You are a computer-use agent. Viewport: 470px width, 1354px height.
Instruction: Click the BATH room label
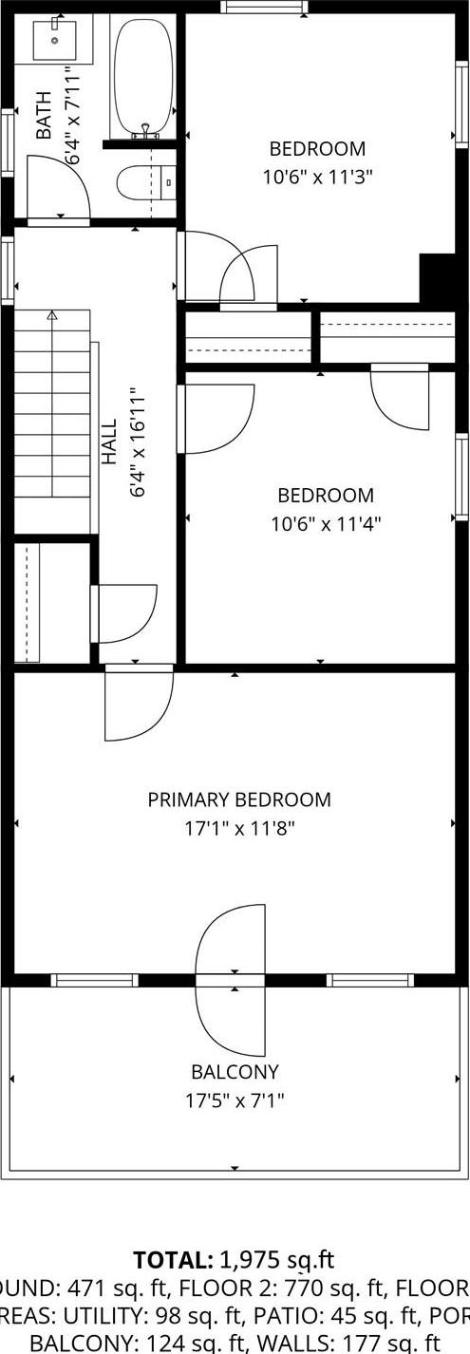pyautogui.click(x=44, y=116)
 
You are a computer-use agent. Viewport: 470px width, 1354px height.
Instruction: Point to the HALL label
pyautogui.click(x=109, y=442)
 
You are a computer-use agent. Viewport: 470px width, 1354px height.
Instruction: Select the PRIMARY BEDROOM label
pyautogui.click(x=239, y=799)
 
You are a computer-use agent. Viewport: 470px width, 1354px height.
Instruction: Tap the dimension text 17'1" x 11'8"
pyautogui.click(x=239, y=828)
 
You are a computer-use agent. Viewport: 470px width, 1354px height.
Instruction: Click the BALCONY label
pyautogui.click(x=235, y=1072)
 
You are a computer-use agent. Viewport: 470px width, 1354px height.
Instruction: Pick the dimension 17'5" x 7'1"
pyautogui.click(x=235, y=1100)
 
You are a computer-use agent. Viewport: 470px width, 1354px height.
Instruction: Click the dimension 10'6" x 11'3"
pyautogui.click(x=317, y=176)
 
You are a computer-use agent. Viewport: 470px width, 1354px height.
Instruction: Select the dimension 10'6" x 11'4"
pyautogui.click(x=326, y=522)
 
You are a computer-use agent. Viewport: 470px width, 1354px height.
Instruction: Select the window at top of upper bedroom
pyautogui.click(x=264, y=8)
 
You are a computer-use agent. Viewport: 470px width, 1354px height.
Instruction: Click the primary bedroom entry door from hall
pyautogui.click(x=139, y=703)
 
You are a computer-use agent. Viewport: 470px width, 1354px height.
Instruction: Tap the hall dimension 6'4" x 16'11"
pyautogui.click(x=138, y=442)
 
